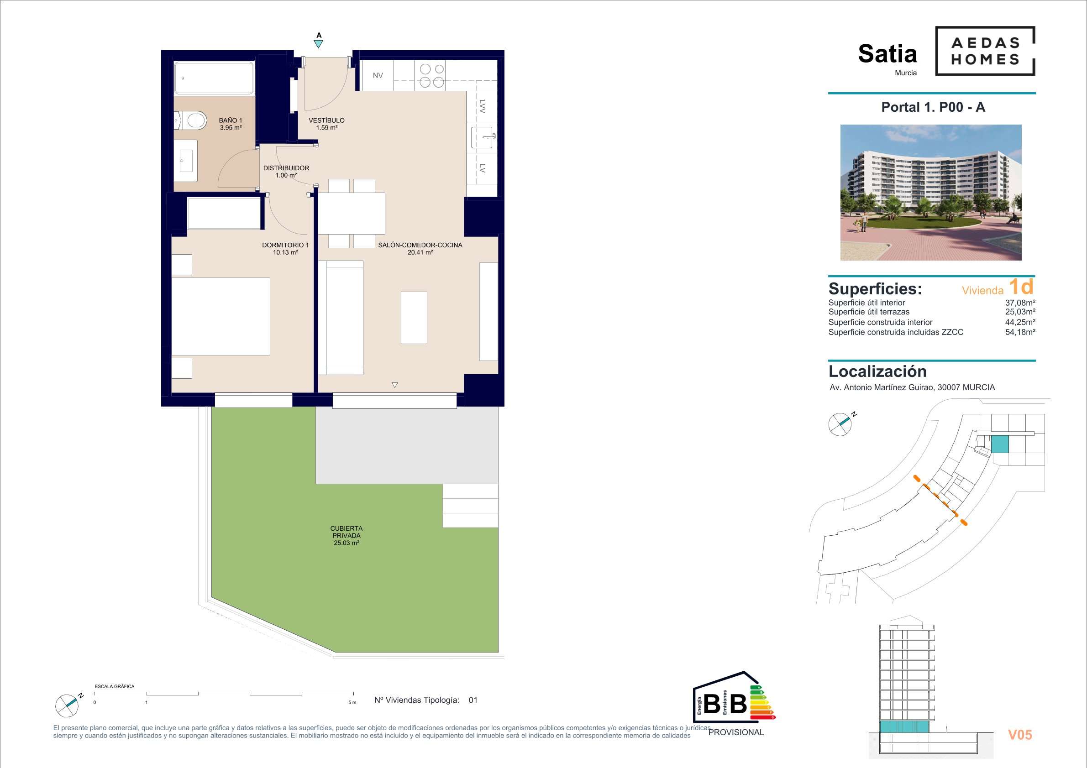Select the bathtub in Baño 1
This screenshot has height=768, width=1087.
click(x=214, y=78)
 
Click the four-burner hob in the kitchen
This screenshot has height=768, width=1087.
click(x=432, y=76)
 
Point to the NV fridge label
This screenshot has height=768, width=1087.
click(x=378, y=75)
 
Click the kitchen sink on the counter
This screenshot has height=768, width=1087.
click(x=483, y=137)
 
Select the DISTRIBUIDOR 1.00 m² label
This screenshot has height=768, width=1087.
click(x=286, y=171)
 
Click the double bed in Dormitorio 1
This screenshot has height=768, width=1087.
click(x=221, y=316)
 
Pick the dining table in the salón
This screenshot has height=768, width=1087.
click(x=351, y=214)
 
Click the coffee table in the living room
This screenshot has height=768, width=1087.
click(x=414, y=318)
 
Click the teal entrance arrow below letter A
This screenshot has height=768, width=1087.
click(x=319, y=44)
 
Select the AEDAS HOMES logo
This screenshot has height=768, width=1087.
click(x=985, y=51)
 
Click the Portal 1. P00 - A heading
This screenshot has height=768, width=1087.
click(x=933, y=107)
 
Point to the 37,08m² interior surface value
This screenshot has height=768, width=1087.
click(x=1020, y=303)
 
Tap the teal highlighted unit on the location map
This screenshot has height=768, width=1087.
click(x=1000, y=444)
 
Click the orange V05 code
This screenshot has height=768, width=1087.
click(x=1020, y=734)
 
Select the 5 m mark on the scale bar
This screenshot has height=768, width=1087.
click(x=352, y=702)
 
